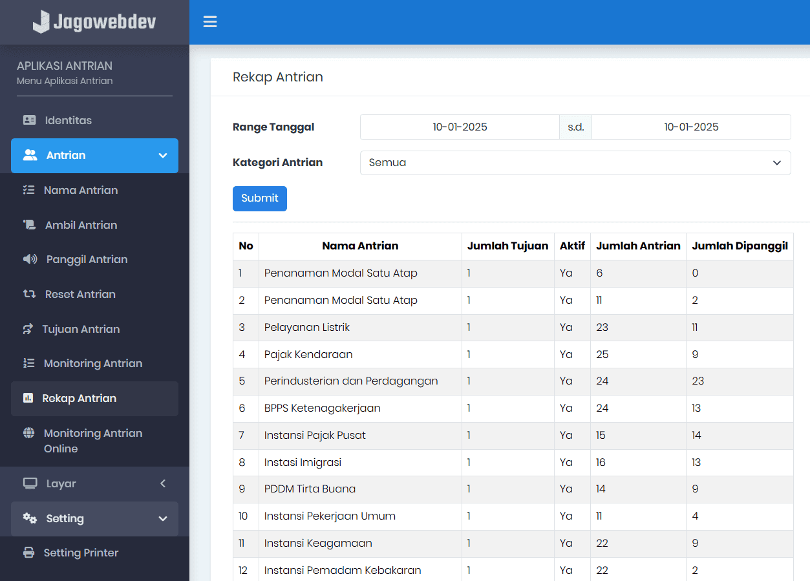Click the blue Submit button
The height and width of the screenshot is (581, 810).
[259, 198]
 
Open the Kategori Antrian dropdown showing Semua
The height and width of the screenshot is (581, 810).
[575, 163]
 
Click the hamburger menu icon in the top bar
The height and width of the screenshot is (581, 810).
[210, 22]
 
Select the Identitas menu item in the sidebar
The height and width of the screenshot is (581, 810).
[68, 120]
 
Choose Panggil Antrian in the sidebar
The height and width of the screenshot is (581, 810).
[87, 259]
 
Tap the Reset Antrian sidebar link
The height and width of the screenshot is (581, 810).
[80, 294]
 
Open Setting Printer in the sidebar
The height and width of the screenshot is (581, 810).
[81, 553]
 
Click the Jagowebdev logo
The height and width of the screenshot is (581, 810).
[94, 22]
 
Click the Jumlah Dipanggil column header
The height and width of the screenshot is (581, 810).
[740, 246]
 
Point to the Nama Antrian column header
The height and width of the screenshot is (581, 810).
[360, 246]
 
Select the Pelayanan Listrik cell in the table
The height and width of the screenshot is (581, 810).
[307, 327]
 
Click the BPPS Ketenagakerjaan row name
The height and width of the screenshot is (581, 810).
[322, 408]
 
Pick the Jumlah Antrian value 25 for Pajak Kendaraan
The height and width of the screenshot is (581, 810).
[602, 354]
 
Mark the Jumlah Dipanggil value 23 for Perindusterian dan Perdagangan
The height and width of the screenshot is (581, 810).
[698, 381]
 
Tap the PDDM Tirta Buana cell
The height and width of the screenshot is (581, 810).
[310, 489]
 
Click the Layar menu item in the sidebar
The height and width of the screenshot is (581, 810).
[61, 483]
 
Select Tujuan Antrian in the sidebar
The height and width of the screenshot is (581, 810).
[81, 329]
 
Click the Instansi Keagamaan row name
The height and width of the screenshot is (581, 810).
[318, 543]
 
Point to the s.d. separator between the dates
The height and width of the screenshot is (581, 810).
[575, 127]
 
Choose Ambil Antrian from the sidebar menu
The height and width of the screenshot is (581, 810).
[81, 225]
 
